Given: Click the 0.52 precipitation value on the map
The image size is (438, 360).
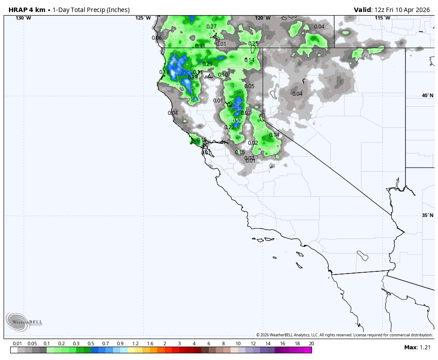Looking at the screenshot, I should pos(237,121).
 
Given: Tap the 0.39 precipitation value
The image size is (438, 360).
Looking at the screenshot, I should pos(193,78).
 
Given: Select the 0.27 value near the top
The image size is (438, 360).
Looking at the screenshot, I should pos(211,27).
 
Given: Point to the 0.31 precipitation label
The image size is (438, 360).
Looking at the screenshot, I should pos(200,46).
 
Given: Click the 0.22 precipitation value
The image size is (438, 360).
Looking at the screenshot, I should pos(229,127).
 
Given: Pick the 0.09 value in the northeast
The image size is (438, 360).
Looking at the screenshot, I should pos(365,56).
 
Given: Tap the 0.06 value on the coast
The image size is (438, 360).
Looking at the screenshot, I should pos(157,38).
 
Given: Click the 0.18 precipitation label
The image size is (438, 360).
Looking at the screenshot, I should pos(164,73).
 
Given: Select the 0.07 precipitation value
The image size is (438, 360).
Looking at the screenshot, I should pos(246,113).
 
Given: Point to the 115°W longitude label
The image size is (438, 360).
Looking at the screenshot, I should pos(382,18).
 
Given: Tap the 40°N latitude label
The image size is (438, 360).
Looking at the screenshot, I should pos(427,95).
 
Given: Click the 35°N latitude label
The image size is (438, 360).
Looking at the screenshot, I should pos(427,216).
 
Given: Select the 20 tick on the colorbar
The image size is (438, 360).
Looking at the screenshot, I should pos(311,344).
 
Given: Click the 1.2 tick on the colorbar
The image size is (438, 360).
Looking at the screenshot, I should pos(135,344).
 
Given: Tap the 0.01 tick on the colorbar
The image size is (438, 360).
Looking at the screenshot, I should pos(17,344).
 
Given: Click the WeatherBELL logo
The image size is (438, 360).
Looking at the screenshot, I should pos(24,322).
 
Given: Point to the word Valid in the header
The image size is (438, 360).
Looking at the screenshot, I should pos(363,9).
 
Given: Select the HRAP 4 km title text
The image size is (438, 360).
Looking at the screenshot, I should pos(27,9).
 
